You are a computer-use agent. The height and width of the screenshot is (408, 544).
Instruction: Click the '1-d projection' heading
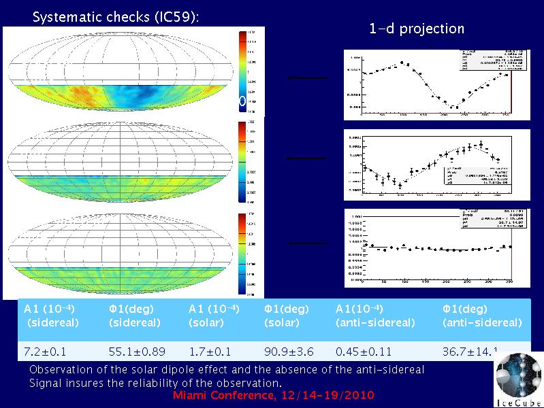pos(417,29)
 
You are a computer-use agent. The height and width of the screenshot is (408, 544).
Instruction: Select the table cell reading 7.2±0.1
pos(46,352)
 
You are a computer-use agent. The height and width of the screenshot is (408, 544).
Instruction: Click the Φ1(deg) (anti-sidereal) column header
pos(482,316)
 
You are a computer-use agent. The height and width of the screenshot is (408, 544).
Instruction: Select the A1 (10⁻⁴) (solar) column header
pos(213,316)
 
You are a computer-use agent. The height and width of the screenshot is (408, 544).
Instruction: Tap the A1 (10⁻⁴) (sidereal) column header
pos(51,316)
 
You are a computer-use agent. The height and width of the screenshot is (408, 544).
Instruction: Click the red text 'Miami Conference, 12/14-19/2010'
pos(274,396)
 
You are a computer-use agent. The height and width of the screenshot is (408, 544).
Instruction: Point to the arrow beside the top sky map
pos(307,79)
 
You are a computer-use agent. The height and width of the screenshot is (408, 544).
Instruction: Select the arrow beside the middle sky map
pos(307,158)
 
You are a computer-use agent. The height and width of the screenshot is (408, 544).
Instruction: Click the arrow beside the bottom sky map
pos(308,243)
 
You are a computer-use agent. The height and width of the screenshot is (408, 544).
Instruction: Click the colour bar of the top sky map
pos(243,71)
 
